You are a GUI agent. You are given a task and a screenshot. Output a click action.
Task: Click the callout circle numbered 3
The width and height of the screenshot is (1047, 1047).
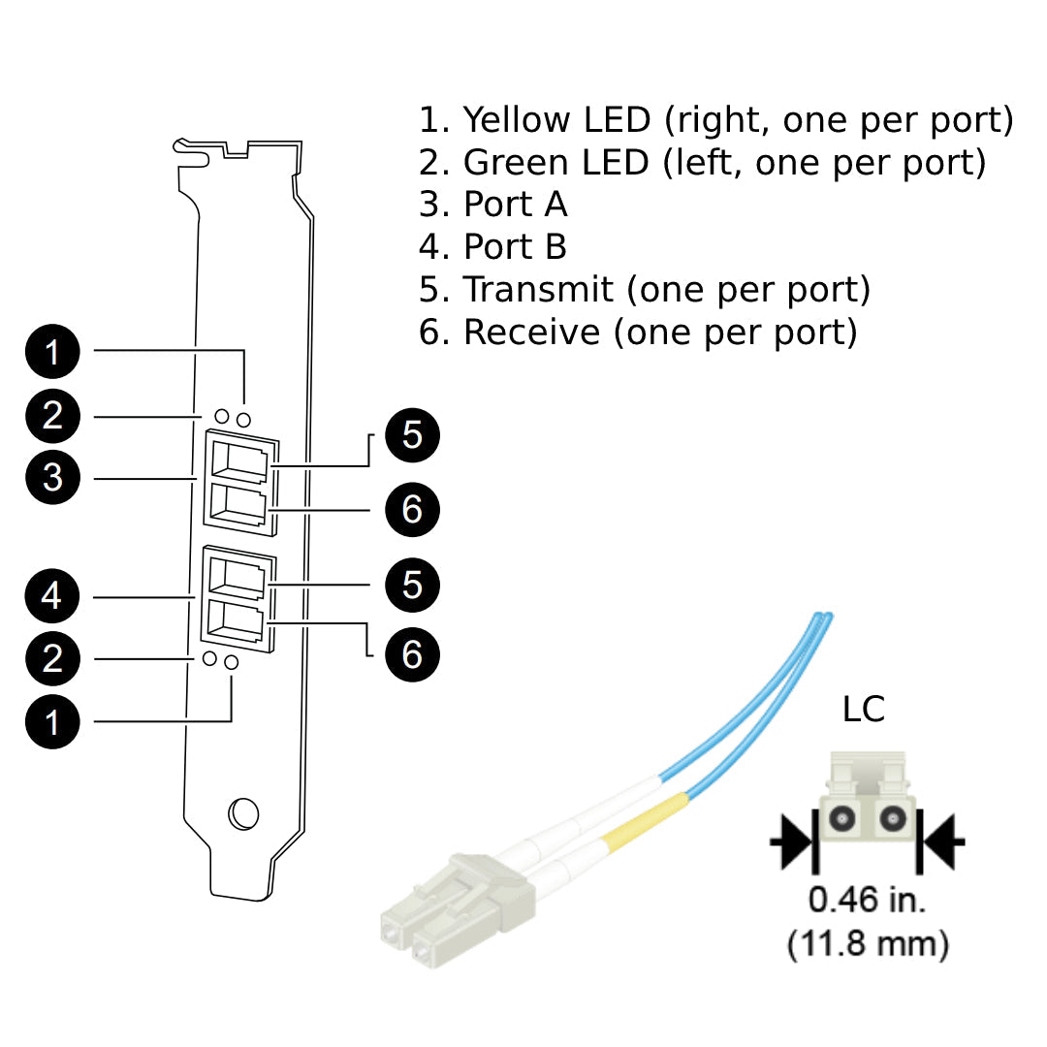point(52,478)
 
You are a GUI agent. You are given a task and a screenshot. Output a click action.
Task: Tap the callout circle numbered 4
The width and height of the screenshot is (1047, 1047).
point(52,595)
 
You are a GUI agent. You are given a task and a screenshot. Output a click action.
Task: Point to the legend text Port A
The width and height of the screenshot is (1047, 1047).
point(515,205)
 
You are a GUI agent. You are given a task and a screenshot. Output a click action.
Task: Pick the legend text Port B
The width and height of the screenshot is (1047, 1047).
point(515,247)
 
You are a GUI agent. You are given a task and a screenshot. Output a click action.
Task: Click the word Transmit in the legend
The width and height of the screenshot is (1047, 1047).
point(538,289)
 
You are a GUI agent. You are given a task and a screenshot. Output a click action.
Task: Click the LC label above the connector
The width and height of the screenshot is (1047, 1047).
point(863,710)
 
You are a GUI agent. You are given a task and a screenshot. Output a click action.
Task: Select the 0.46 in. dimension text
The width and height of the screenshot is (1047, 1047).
point(868,901)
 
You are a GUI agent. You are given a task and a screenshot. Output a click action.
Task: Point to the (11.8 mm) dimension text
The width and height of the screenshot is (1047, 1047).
point(868,942)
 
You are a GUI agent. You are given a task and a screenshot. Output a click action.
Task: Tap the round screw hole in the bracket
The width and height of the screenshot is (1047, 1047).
point(242,813)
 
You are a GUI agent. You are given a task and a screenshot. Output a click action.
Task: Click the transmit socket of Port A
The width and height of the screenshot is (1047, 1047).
point(238,461)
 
